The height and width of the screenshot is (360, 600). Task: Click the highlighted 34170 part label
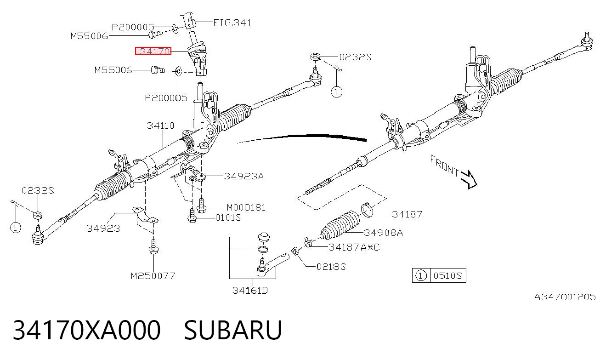click(153, 51)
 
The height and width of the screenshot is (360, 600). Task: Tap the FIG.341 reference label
click(232, 23)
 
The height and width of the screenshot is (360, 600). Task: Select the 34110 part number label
click(160, 126)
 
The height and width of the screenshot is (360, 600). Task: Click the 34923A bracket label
click(244, 176)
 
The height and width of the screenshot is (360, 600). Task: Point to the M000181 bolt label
click(246, 207)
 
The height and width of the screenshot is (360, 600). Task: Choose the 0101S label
click(228, 217)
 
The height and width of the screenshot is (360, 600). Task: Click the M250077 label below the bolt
click(153, 275)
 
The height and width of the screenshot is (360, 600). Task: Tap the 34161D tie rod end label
click(250, 290)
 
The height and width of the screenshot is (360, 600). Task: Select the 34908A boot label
click(383, 233)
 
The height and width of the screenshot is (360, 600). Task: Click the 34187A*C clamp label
click(354, 247)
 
